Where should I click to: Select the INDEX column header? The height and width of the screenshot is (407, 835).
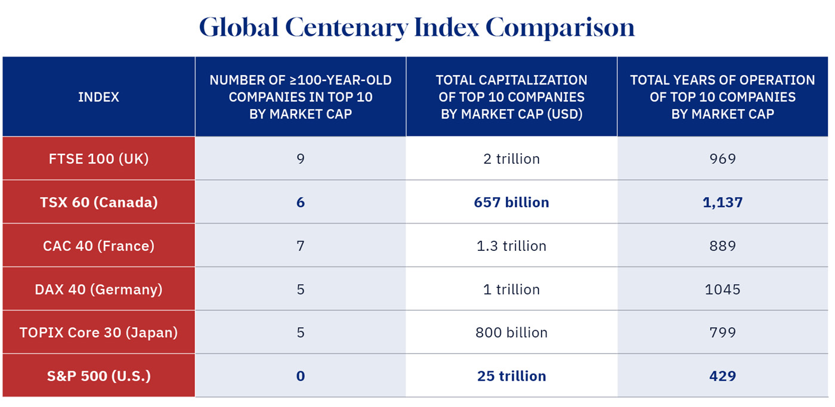(98, 97)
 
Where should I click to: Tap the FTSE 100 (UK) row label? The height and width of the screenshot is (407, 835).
(98, 159)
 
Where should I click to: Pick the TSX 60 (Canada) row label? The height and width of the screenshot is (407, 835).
(98, 203)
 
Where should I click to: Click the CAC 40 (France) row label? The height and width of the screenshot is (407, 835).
(98, 246)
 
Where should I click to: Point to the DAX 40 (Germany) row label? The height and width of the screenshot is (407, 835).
(98, 290)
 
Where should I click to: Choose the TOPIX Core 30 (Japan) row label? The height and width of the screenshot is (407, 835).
(98, 333)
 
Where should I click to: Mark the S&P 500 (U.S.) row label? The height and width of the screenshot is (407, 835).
(98, 376)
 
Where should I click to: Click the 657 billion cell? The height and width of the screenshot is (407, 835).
(511, 203)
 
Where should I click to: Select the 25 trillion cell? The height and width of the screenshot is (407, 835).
(511, 376)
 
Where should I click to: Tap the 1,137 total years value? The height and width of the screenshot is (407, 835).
(722, 203)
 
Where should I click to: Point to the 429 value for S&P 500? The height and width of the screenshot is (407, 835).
(722, 376)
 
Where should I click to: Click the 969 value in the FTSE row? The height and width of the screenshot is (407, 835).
(722, 159)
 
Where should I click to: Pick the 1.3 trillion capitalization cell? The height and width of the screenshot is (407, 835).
(511, 246)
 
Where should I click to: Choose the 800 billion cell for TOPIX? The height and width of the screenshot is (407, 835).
(511, 333)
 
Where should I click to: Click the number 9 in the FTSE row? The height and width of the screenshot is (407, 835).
(300, 159)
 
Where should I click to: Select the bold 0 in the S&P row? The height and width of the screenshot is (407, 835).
(300, 376)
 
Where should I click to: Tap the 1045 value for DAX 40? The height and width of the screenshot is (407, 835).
(722, 290)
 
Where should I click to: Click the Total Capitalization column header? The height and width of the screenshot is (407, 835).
(511, 97)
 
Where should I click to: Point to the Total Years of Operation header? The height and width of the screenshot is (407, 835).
(722, 97)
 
